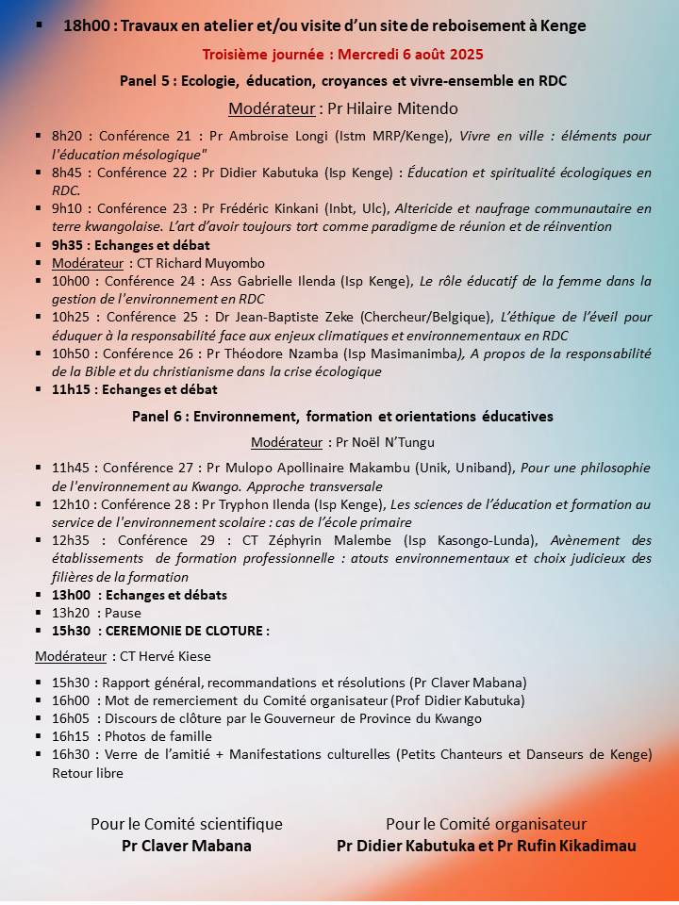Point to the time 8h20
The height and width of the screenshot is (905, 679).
pos(68,137)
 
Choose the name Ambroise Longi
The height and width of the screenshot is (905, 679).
pos(258,137)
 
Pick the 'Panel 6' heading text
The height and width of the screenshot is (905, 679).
pos(157,416)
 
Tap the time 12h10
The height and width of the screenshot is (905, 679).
pos(70,504)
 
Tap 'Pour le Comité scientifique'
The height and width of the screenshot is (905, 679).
pos(187,824)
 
